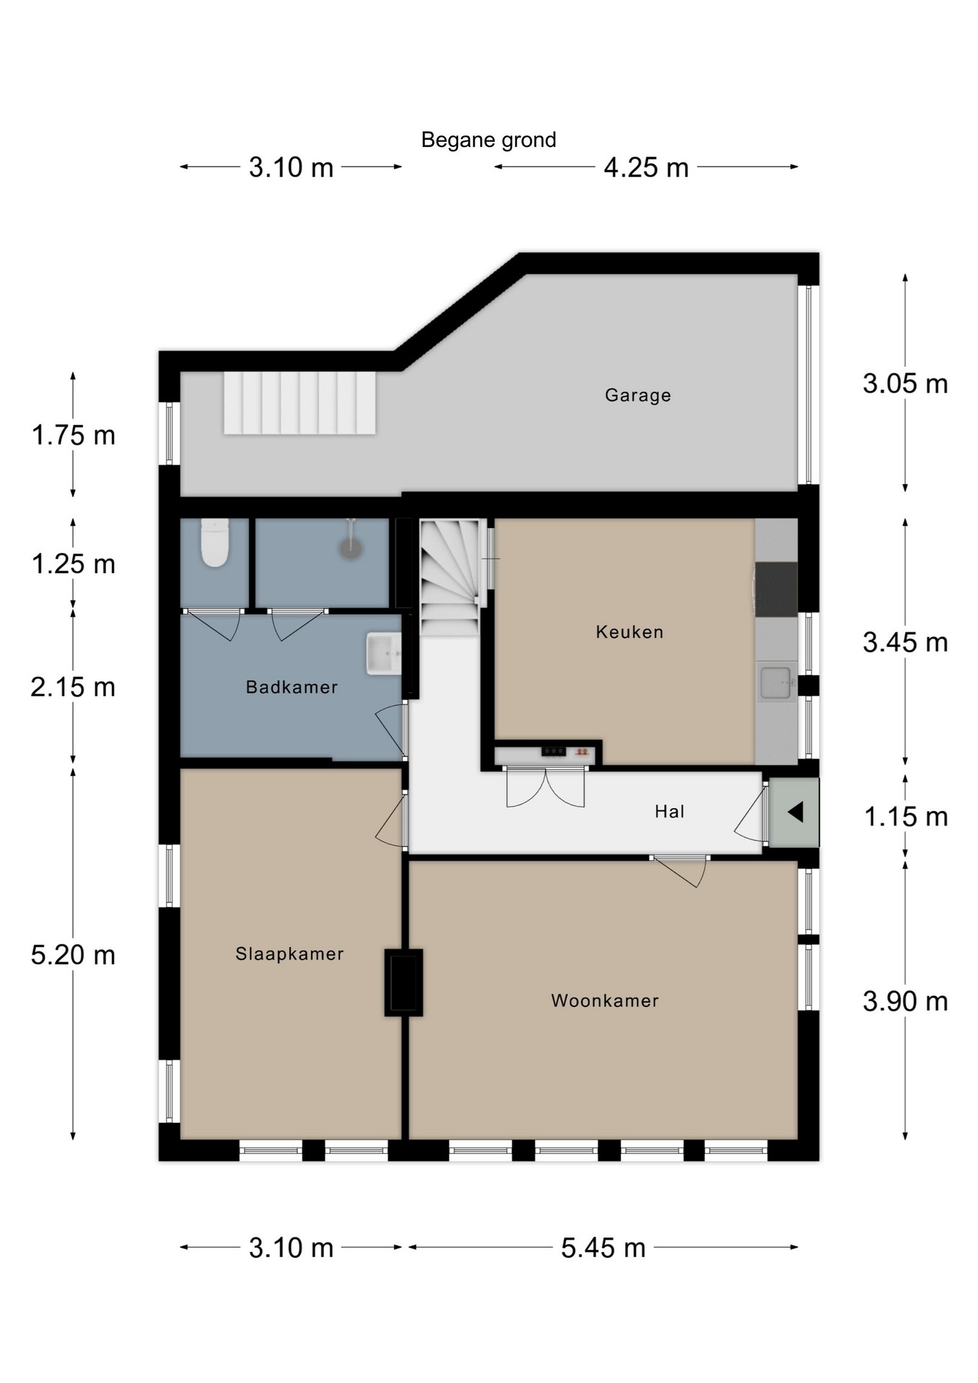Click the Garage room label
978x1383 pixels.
(x=637, y=395)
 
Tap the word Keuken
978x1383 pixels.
(x=629, y=632)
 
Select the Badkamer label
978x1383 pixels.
(x=292, y=687)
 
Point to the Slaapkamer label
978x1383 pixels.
(x=290, y=954)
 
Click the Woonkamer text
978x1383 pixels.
(x=605, y=1001)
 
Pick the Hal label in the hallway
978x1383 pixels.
(x=669, y=812)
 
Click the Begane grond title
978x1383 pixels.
(x=488, y=140)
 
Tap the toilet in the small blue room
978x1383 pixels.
(x=215, y=542)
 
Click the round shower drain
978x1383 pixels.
(x=351, y=549)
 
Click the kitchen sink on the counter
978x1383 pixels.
(x=776, y=682)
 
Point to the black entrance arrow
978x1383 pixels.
(x=795, y=813)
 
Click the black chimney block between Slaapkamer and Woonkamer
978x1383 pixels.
(x=403, y=983)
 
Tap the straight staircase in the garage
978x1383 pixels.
(x=300, y=403)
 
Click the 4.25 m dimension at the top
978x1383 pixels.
(x=646, y=168)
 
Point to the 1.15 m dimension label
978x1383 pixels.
(x=906, y=817)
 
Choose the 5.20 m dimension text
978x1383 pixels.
(x=73, y=955)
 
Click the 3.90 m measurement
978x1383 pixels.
(x=905, y=1001)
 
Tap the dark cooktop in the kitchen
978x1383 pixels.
(x=776, y=589)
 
